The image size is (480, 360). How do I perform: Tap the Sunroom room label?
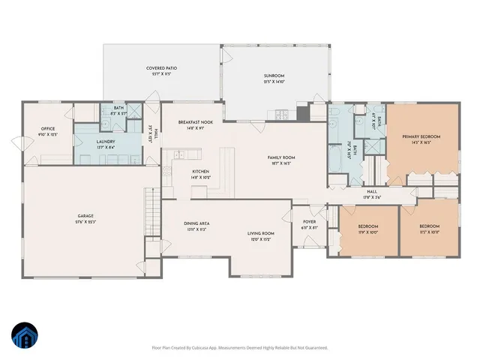274,76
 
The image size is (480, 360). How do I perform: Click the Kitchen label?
200,172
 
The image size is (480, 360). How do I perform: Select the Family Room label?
282,157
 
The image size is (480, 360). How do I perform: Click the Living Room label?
261,233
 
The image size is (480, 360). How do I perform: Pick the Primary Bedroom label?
421,136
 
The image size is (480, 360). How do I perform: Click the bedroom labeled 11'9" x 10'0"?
367,226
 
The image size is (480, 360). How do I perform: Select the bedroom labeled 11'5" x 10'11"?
429,226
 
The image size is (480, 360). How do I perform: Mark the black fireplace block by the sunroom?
303,113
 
